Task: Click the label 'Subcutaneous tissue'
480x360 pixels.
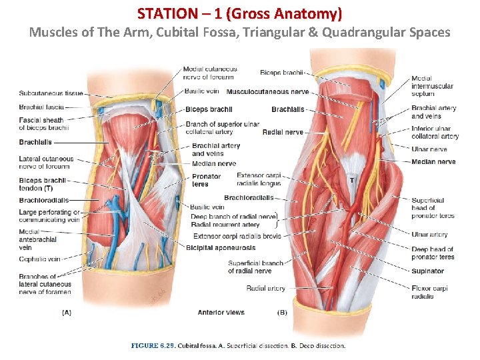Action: (51, 93)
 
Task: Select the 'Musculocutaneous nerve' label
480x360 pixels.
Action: (267, 91)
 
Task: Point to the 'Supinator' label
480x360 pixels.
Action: (427, 271)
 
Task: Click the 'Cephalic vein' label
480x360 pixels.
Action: (39, 259)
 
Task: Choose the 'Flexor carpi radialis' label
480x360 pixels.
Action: (429, 292)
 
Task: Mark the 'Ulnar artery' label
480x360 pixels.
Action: (429, 235)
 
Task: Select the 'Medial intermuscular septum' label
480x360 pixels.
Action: (432, 86)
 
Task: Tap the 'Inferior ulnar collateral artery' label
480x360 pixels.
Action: (435, 133)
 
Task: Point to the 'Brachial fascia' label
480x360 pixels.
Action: (41, 107)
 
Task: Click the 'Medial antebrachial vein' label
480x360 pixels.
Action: (37, 239)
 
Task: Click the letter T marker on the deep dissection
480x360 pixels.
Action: (351, 179)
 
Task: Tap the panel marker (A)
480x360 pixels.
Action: (67, 311)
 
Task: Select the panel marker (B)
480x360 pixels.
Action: (282, 311)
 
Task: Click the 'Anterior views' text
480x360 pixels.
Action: (221, 312)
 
